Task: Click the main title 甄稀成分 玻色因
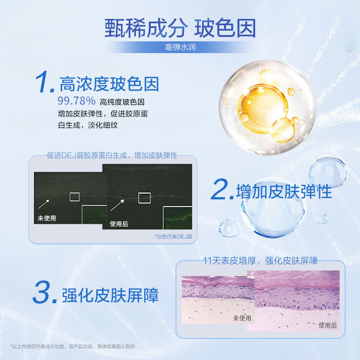(x=180, y=28)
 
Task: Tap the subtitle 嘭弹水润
(x=180, y=47)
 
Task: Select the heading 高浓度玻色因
(x=109, y=83)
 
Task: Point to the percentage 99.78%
(x=76, y=101)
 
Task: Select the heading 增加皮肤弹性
(x=284, y=191)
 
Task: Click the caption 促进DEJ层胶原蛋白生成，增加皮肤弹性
(x=112, y=155)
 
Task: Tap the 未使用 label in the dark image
(x=47, y=218)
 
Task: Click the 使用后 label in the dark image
(x=119, y=223)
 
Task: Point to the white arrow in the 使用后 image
(x=118, y=205)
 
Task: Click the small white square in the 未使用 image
(x=74, y=196)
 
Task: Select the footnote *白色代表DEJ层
(x=173, y=236)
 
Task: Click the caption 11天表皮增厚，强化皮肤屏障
(x=261, y=260)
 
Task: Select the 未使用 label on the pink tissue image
(x=242, y=318)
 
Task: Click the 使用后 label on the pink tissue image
(x=328, y=325)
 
